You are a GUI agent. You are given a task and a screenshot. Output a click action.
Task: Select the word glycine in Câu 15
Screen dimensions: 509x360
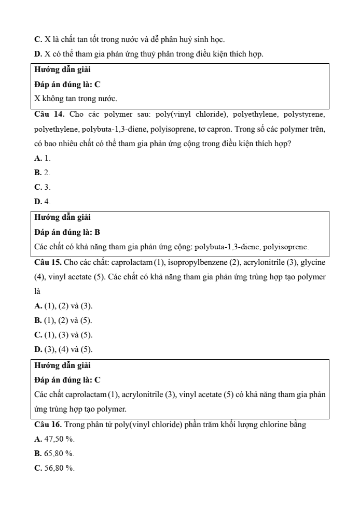tap(314, 262)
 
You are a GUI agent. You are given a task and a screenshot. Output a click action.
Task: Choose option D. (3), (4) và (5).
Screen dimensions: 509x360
tap(63, 349)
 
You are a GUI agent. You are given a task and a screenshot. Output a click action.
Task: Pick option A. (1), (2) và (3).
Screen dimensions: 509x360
tap(63, 306)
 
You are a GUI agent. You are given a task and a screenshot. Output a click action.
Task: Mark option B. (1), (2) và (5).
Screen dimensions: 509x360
tap(63, 320)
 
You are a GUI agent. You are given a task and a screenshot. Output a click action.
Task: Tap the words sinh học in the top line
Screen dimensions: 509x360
tap(211, 39)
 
